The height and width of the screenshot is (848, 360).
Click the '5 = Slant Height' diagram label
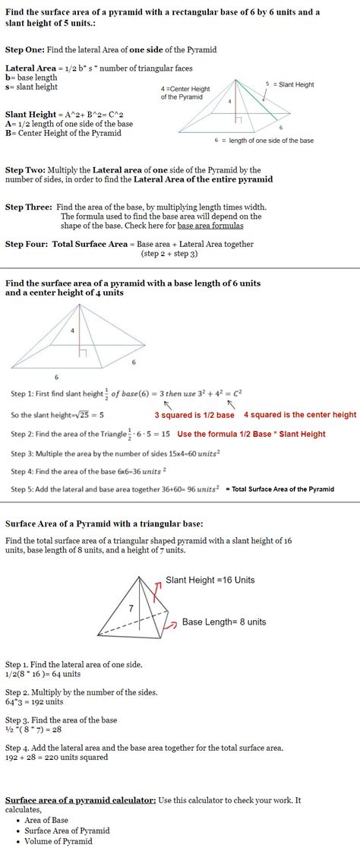(x=289, y=84)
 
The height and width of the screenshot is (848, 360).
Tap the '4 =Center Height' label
(x=185, y=93)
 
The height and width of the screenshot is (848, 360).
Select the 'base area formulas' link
(x=210, y=226)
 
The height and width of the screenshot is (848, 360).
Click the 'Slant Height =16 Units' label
(x=210, y=580)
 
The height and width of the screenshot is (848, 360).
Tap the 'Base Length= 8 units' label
(x=224, y=622)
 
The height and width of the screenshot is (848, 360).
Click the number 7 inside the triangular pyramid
(x=131, y=608)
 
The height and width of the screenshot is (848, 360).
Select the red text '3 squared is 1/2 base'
(x=194, y=415)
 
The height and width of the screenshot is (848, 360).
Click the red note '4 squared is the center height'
(x=299, y=415)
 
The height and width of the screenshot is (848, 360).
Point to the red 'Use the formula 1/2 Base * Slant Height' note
(x=251, y=434)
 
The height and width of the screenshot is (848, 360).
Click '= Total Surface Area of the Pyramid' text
(x=279, y=489)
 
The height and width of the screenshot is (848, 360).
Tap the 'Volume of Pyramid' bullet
(x=58, y=841)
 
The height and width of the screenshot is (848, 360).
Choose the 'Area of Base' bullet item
(x=46, y=820)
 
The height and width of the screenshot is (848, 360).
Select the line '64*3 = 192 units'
(x=34, y=702)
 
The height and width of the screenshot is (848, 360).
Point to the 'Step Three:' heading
(x=29, y=207)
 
